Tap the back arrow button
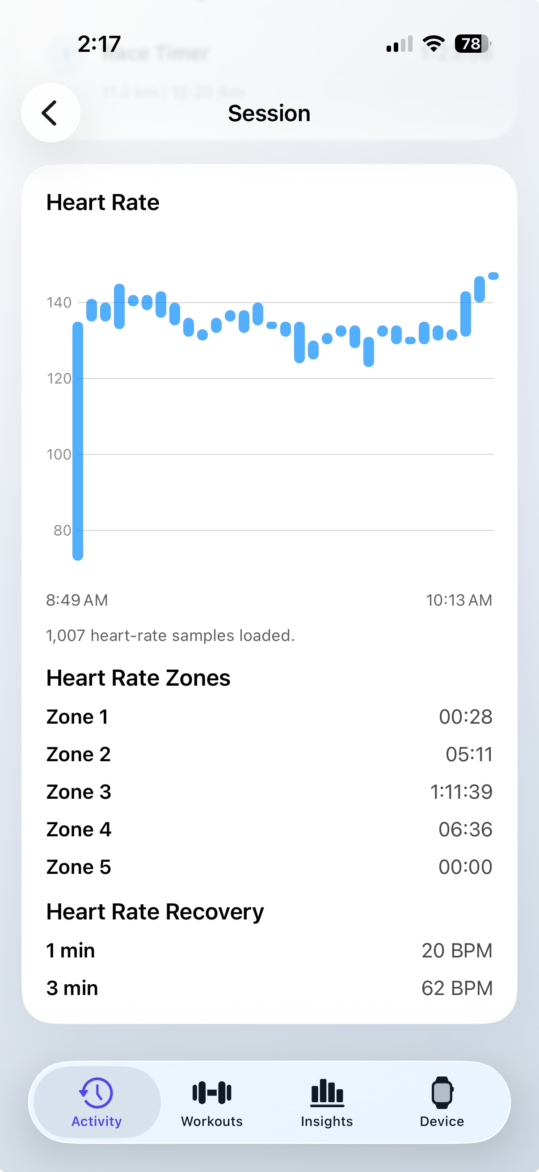[51, 113]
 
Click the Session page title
[269, 113]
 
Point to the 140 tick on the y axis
[59, 303]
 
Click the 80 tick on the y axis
[62, 531]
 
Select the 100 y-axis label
[59, 455]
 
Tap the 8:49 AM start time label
[77, 600]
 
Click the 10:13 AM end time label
[459, 600]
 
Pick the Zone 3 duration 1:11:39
[461, 792]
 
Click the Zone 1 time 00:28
[465, 717]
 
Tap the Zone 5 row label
[79, 867]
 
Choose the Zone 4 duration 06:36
[465, 830]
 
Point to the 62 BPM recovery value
[457, 988]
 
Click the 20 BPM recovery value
[457, 950]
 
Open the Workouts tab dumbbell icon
[212, 1093]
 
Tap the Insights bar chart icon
[327, 1093]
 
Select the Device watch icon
[442, 1093]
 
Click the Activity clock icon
[97, 1093]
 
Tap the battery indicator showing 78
[472, 44]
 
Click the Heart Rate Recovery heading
[155, 912]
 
